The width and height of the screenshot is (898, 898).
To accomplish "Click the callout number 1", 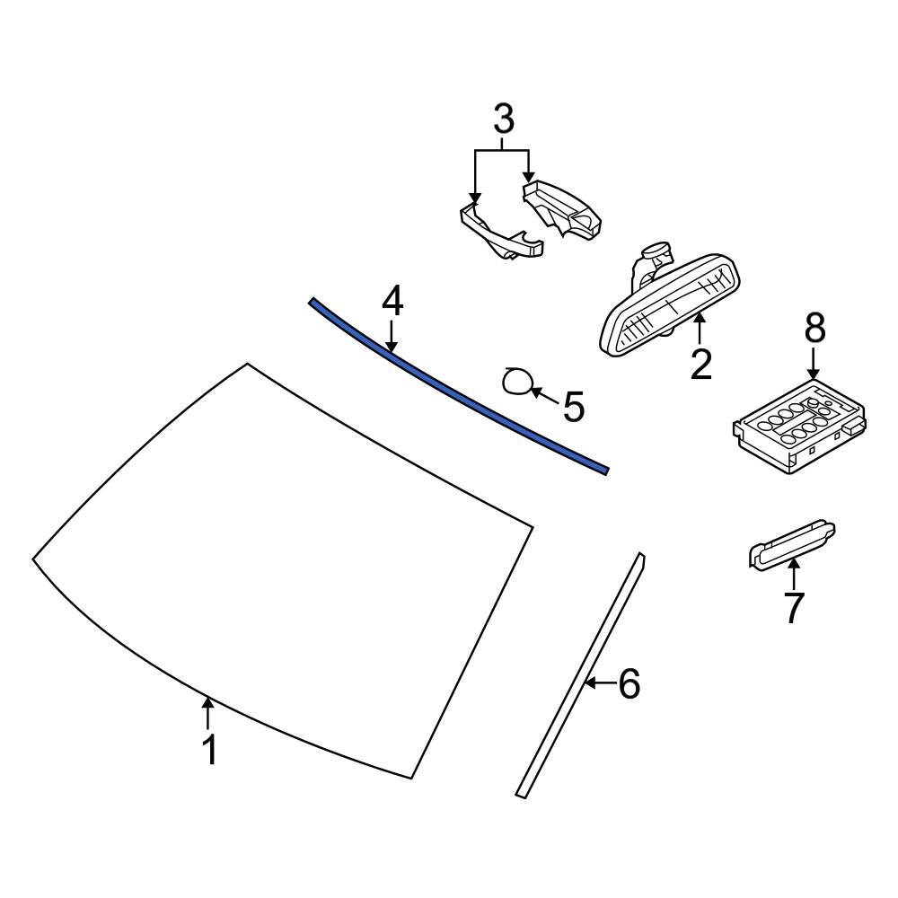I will click(209, 750).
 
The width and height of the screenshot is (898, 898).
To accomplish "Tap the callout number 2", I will click(700, 364).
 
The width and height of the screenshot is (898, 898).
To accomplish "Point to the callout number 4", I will click(392, 303).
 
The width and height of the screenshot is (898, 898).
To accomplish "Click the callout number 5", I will click(574, 407).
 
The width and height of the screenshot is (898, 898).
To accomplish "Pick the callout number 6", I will click(629, 684).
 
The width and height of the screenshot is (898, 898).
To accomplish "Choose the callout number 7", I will click(794, 607).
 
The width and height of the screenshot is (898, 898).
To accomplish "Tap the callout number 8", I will click(814, 330).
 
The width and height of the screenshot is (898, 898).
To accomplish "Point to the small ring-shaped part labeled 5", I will click(516, 383).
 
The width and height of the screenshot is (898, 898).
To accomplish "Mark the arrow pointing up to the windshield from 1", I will click(208, 713).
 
